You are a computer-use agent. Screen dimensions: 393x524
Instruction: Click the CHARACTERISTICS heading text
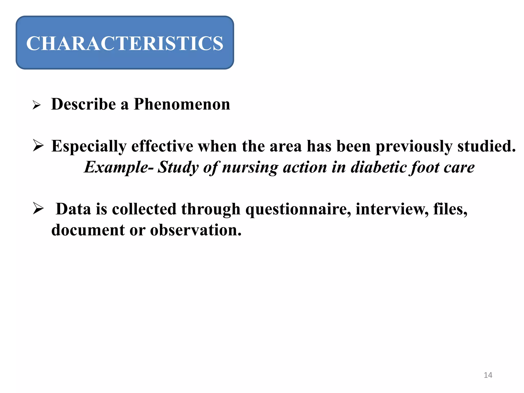[125, 43]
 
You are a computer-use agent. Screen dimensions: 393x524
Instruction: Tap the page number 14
[488, 375]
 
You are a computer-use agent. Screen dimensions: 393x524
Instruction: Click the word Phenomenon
[182, 104]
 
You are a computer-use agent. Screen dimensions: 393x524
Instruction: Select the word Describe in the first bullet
[83, 104]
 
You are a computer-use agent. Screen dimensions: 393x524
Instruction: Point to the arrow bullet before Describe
[37, 105]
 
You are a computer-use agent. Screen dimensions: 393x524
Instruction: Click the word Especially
[89, 146]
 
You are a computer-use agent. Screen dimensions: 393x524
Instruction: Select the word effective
[162, 146]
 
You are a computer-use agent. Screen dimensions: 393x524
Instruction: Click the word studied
[486, 146]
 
